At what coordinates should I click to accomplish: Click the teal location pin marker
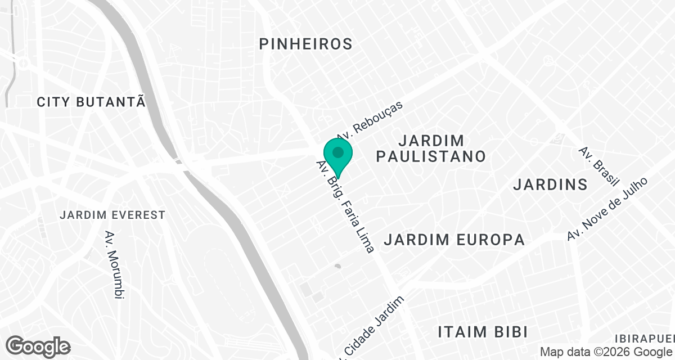click(338, 157)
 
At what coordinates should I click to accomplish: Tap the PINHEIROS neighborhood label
click(306, 43)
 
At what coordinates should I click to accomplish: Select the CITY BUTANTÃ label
click(91, 102)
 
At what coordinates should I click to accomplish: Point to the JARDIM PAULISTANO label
click(431, 148)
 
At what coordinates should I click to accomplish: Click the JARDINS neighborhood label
click(550, 184)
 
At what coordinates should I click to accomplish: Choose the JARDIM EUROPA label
click(454, 240)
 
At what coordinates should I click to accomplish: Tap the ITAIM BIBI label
click(483, 331)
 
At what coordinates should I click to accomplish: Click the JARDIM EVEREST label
click(112, 215)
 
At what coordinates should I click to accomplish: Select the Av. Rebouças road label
click(371, 120)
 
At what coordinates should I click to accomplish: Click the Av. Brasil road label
click(599, 166)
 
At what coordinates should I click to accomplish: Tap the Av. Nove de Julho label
click(607, 209)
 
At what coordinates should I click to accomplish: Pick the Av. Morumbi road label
click(115, 264)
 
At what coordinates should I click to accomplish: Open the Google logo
click(38, 346)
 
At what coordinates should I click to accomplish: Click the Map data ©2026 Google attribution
click(606, 352)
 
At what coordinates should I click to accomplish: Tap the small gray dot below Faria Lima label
click(337, 266)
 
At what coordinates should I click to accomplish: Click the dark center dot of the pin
click(338, 152)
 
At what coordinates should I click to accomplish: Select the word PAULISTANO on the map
click(431, 156)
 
